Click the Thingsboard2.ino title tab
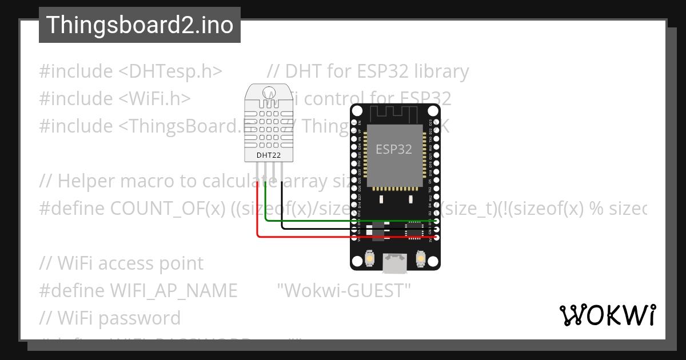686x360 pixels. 139,25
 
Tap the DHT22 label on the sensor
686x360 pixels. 269,155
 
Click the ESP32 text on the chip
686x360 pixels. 393,150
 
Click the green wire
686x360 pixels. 343,221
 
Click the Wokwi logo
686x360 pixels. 607,315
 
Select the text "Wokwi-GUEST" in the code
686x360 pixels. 344,291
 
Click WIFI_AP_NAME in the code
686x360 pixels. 173,291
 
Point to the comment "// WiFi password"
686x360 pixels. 110,318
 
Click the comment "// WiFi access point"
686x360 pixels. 121,263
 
